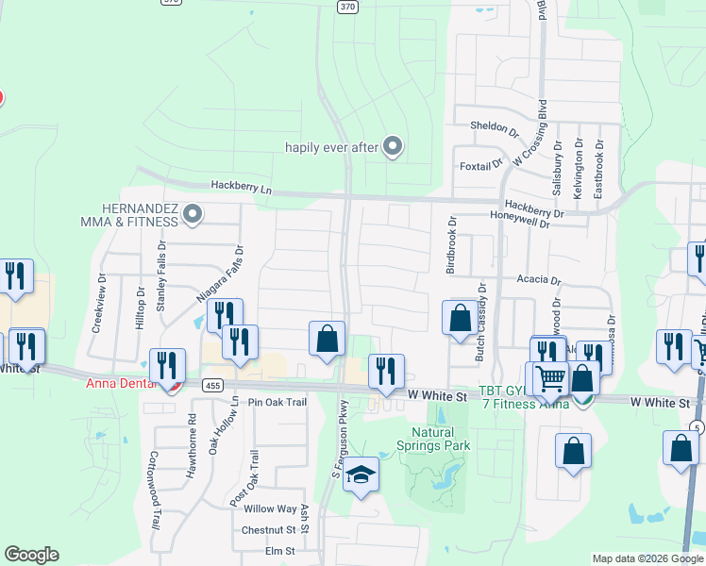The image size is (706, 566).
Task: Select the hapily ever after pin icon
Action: tap(394, 146)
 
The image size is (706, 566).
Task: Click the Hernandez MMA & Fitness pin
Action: tap(193, 215)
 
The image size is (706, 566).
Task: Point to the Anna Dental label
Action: tap(118, 383)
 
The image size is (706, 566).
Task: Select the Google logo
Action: tap(31, 555)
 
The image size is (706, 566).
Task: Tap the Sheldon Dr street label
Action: tap(495, 127)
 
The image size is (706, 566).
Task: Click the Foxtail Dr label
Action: tap(480, 166)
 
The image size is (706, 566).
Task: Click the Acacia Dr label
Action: tap(539, 280)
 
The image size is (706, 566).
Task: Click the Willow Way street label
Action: tap(270, 508)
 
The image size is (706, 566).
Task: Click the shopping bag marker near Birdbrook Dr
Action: tap(460, 318)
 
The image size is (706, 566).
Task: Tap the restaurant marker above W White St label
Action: tap(385, 371)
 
